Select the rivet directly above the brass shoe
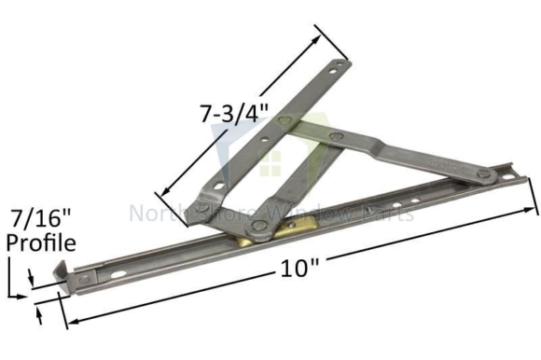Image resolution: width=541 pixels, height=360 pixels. [252, 223]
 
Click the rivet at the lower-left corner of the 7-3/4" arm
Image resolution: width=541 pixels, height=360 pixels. [201, 208]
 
